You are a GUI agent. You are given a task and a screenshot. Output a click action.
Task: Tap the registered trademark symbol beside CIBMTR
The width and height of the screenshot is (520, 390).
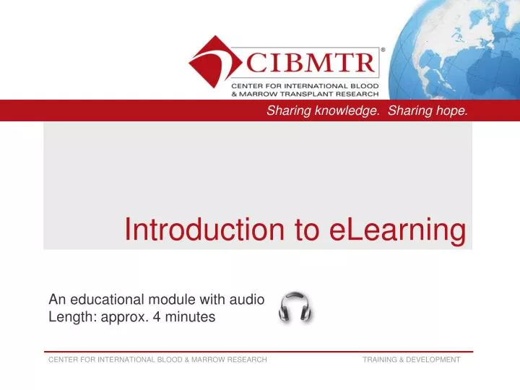382,50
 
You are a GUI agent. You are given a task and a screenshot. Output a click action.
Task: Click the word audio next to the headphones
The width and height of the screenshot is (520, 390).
247,300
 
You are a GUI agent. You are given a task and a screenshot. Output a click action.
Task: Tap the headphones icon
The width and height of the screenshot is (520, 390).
295,308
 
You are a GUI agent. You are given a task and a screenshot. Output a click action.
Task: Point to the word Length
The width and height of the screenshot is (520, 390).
69,316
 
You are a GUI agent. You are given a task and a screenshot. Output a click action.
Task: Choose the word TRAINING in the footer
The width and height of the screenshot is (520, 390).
379,360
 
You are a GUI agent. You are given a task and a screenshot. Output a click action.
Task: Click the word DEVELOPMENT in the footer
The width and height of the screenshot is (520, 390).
433,360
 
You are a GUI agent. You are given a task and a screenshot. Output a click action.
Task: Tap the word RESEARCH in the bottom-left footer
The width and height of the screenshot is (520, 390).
246,360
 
